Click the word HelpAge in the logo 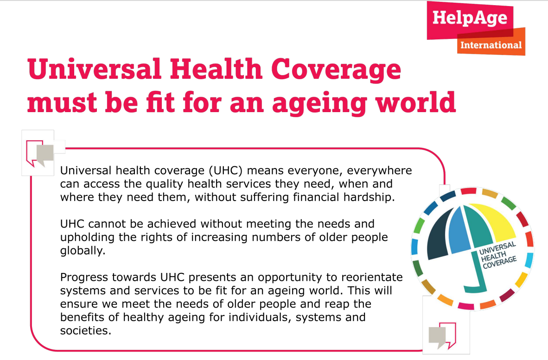tap(470, 18)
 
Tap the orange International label tap(491, 45)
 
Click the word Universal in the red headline tap(95, 69)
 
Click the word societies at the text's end tap(86, 331)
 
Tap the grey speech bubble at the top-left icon tap(45, 155)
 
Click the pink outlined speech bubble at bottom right tap(449, 335)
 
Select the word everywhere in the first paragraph tap(379, 171)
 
